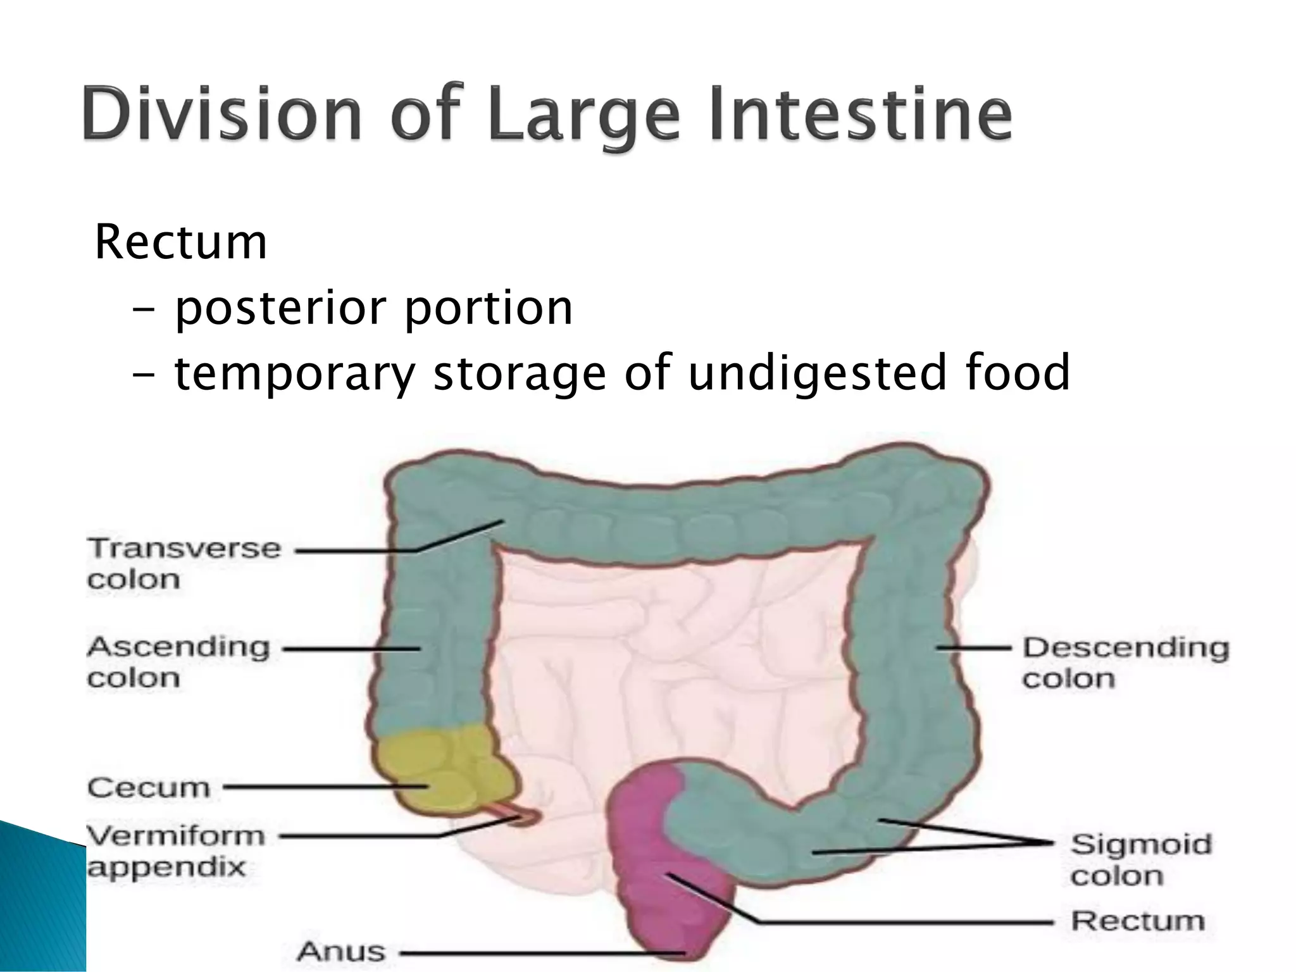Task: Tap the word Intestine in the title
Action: (861, 115)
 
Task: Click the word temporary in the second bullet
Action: (294, 373)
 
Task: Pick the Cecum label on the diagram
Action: (149, 788)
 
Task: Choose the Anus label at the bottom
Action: (341, 951)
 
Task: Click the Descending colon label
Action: (1126, 663)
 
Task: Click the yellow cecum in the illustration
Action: (437, 769)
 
